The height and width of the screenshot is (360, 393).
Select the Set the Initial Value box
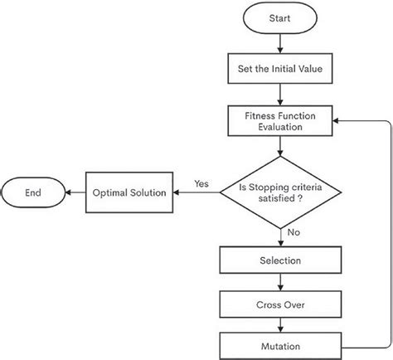281,70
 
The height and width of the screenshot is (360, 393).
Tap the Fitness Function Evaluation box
281,121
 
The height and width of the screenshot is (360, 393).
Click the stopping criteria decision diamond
281,192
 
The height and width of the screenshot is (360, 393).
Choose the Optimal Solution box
128,192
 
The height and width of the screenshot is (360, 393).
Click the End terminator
33,192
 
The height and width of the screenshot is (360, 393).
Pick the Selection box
281,261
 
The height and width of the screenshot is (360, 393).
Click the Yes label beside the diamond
201,183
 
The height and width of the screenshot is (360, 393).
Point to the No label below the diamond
293,233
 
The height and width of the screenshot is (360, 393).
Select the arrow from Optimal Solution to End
76,192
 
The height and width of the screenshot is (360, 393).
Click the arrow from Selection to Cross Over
281,282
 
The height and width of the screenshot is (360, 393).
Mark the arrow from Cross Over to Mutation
281,324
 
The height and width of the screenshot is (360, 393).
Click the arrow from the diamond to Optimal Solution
196,192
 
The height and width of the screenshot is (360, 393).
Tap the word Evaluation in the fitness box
281,129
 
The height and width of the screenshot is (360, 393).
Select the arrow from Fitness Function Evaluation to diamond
281,147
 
